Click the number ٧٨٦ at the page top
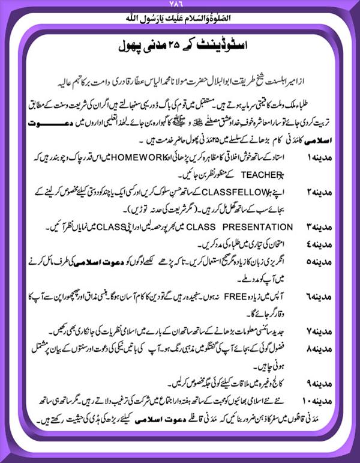[180, 5]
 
